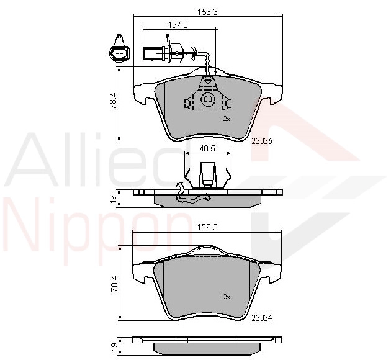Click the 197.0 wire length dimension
click(x=178, y=25)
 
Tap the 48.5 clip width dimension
click(x=207, y=148)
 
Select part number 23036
click(x=262, y=141)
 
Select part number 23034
click(x=262, y=318)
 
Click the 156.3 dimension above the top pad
click(x=208, y=12)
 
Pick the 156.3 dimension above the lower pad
click(x=208, y=227)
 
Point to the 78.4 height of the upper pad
click(x=114, y=101)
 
